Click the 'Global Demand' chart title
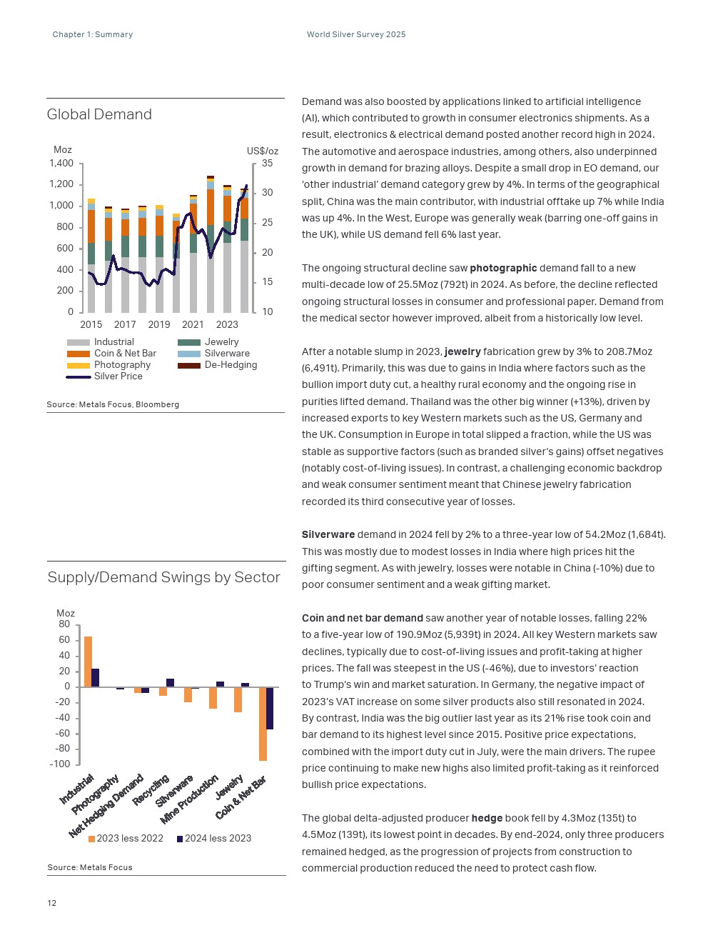[99, 114]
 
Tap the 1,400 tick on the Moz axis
[61, 164]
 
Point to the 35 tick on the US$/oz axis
[267, 164]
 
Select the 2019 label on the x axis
[159, 324]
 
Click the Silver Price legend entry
[118, 376]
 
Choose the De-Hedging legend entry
[230, 365]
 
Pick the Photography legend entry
[122, 365]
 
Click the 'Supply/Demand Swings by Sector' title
[163, 577]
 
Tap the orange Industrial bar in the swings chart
[89, 662]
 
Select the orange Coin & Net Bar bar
[263, 723]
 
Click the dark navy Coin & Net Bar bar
[270, 708]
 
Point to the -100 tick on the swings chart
[60, 764]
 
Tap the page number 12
[52, 903]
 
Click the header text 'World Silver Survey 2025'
[356, 34]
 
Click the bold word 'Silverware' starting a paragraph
[328, 534]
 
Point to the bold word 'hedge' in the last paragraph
[487, 818]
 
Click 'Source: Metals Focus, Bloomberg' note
[113, 404]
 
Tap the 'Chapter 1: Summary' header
[93, 34]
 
